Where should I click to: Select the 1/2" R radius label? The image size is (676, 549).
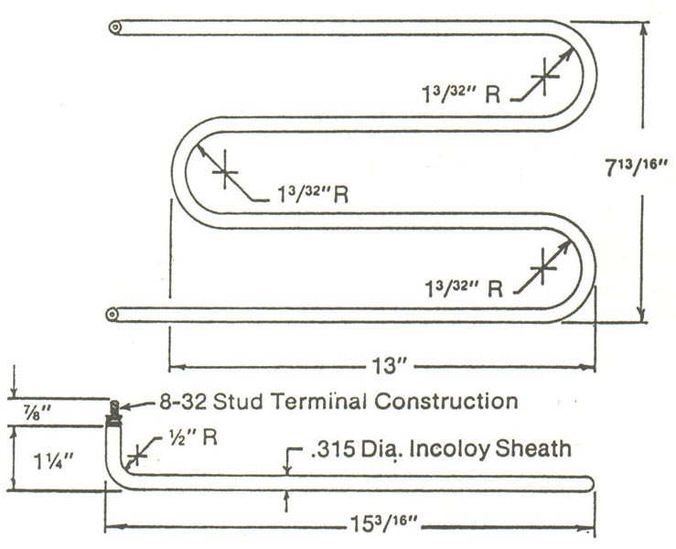point(195,437)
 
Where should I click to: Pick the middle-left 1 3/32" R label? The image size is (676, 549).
point(314,194)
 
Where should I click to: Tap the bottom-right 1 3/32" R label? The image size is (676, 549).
point(467,289)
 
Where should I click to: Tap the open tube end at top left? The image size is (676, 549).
point(114,27)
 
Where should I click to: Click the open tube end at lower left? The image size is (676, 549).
point(112,315)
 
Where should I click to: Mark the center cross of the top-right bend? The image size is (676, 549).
point(544,76)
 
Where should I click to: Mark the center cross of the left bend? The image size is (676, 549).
point(224,173)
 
